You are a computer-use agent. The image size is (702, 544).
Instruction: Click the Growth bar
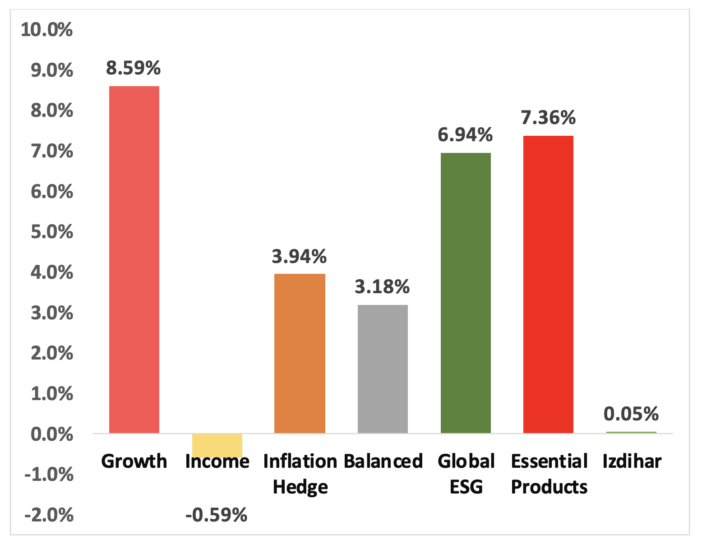point(134,259)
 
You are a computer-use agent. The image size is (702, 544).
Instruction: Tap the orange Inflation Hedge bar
point(300,353)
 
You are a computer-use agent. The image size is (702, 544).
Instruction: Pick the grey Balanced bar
point(383,369)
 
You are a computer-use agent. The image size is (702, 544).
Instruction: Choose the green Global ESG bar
point(466,293)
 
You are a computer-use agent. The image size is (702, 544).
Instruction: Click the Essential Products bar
point(548,284)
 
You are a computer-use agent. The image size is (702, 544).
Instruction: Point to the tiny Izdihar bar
point(631,432)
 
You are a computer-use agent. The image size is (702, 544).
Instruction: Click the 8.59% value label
point(134,68)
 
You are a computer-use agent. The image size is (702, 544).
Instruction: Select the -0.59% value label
point(217,515)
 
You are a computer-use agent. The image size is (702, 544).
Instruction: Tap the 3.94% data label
point(299,256)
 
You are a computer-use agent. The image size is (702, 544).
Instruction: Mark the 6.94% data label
point(465,134)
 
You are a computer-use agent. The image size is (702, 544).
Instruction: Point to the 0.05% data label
point(631,414)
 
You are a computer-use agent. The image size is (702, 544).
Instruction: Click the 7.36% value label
point(548,117)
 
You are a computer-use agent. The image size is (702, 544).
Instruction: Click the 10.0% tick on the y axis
point(46,30)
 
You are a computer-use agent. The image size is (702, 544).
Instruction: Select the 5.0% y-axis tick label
point(51,232)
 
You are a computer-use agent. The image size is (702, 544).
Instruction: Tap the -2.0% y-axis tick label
point(49,515)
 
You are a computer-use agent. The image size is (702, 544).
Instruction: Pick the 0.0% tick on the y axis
point(51,435)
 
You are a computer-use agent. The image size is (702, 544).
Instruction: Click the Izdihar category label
point(632,461)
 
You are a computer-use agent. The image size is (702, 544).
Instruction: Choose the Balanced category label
point(383,461)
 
